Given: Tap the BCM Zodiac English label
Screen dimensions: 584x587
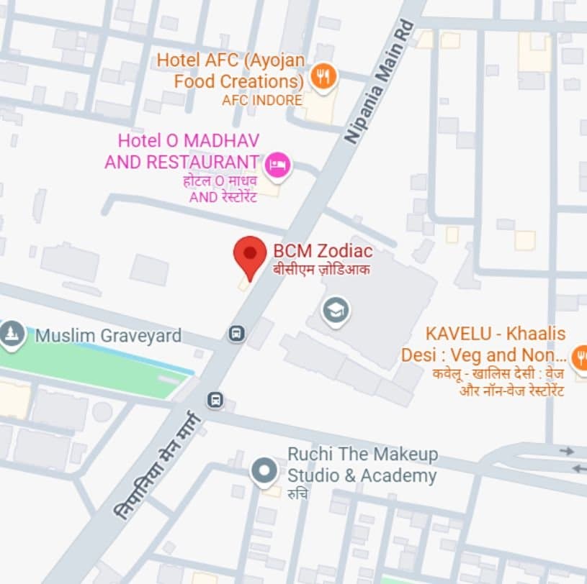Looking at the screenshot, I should [323, 251].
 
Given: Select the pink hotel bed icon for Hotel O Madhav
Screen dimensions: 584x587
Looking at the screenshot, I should [277, 165].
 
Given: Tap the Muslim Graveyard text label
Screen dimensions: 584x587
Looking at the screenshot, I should [108, 335].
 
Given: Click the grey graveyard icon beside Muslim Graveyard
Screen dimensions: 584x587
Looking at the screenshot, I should [10, 334].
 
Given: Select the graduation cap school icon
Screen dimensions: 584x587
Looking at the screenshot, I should [336, 311].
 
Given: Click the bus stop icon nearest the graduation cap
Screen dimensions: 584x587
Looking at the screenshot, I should [236, 334].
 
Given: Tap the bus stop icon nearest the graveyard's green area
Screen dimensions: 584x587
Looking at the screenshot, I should [215, 399].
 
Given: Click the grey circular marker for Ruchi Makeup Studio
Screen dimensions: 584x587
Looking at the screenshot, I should [264, 472].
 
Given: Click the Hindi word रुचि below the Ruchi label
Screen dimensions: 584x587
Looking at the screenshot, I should [297, 494].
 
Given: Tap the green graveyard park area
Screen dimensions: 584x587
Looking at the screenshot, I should [94, 367].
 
